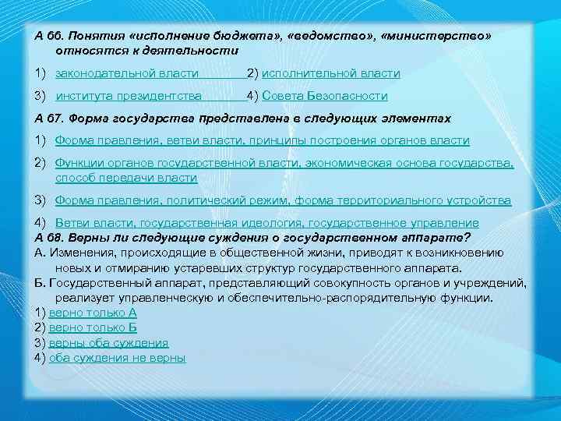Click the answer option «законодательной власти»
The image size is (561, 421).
pos(126,73)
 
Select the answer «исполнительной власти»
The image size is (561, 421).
pos(331,73)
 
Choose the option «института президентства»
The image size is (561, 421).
pos(129,96)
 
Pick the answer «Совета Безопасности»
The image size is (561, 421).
pos(325,96)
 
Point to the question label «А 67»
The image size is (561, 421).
pos(49,119)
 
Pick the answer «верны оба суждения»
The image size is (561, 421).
pos(108,342)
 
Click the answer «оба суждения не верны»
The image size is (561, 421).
pos(117,358)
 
